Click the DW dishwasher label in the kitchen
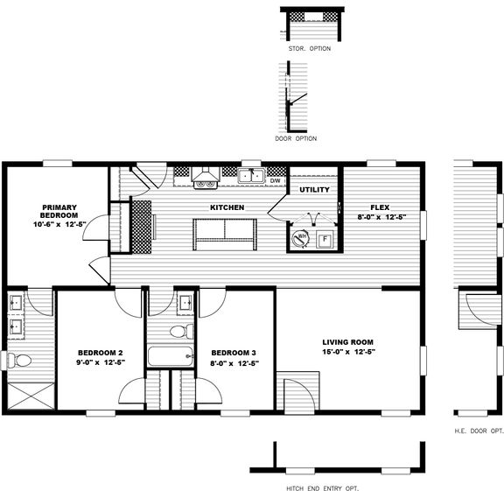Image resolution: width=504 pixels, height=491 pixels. tap(275, 180)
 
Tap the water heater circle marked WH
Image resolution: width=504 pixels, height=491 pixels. tap(300, 238)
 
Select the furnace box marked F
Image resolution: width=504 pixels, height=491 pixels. tap(325, 239)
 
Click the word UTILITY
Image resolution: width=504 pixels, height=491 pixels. tap(314, 190)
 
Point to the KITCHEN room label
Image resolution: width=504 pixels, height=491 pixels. tap(227, 207)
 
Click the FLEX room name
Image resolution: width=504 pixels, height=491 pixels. tap(380, 207)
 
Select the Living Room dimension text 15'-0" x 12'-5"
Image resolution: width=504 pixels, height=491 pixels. tap(349, 352)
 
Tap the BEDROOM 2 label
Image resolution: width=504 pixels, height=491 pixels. tap(101, 353)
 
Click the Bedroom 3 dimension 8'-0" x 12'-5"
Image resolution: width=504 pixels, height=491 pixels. tap(234, 363)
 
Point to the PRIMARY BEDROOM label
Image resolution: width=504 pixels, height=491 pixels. tap(59, 211)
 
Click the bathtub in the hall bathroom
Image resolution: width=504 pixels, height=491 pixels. tap(171, 356)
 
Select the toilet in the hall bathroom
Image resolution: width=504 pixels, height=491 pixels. tap(182, 331)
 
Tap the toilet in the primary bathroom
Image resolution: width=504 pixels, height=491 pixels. tap(19, 360)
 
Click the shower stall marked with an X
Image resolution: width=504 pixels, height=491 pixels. tap(31, 396)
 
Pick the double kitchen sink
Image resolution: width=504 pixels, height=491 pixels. tap(251, 176)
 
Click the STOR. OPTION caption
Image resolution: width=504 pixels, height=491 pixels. tap(310, 48)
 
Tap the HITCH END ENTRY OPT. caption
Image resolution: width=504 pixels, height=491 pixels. tap(322, 488)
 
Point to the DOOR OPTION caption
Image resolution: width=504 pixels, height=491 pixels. tap(296, 138)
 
